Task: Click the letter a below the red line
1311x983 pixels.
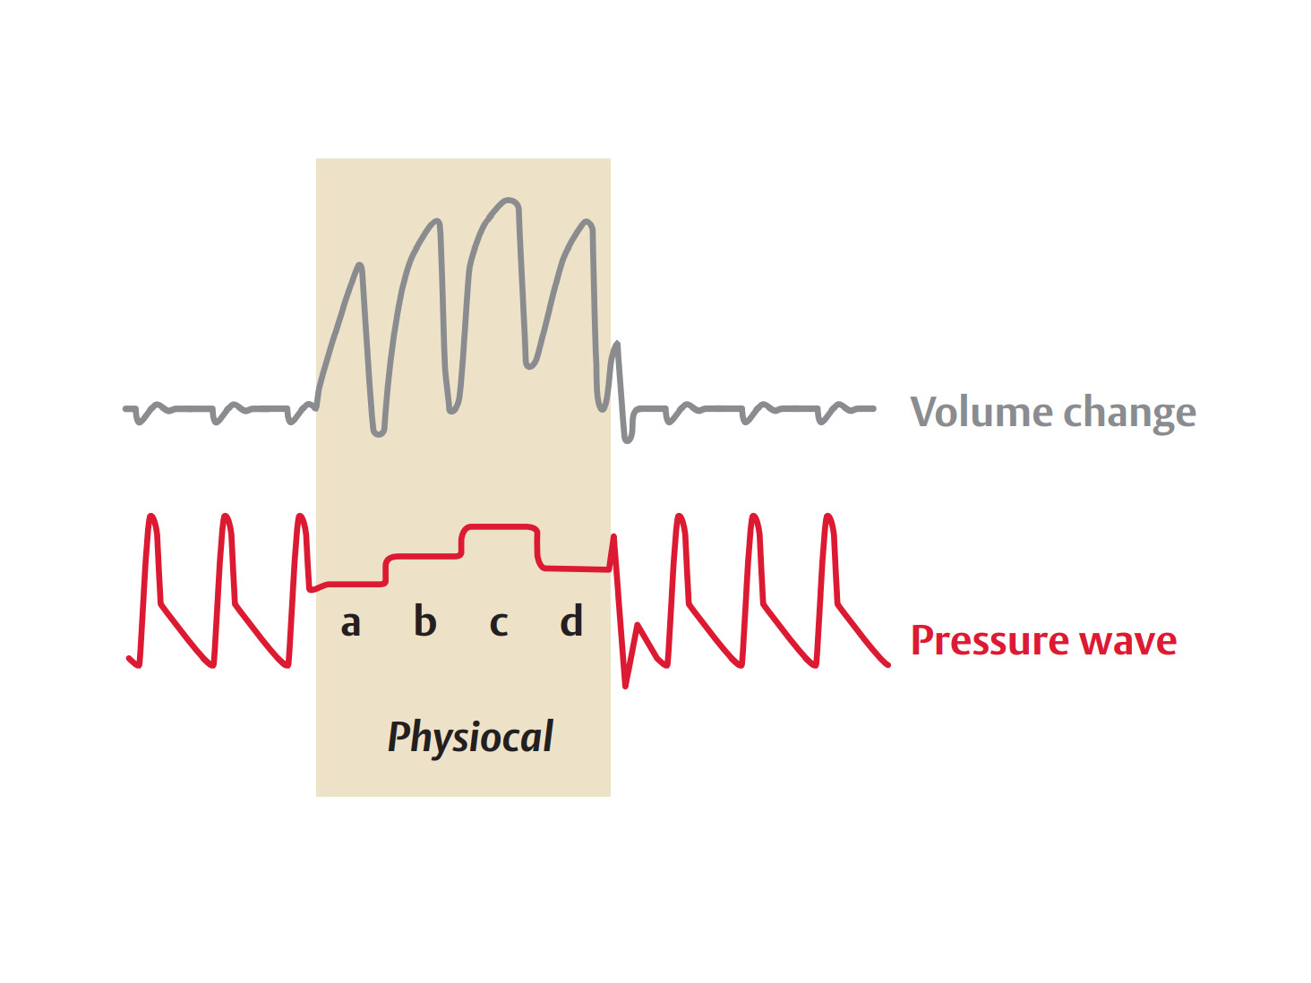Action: point(350,623)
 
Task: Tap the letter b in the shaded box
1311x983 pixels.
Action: point(424,620)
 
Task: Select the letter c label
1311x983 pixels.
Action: point(499,623)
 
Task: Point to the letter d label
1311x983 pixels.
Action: point(571,620)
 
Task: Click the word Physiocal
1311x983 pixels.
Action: point(470,737)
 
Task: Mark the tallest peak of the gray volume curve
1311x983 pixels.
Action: point(508,200)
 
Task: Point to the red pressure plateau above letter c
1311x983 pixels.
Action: point(499,526)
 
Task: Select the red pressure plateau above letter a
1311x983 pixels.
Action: point(354,584)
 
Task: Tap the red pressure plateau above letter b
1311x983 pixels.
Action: point(424,556)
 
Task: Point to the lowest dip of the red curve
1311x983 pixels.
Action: point(625,686)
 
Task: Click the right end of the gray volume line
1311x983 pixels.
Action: point(873,409)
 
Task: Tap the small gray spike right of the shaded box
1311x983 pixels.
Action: point(616,344)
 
